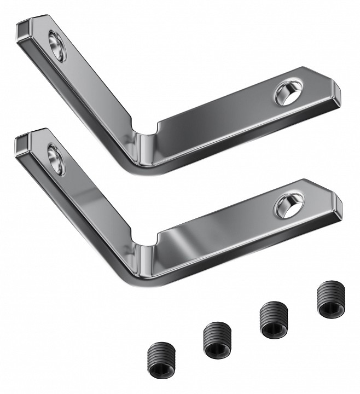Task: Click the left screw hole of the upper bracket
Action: point(57,45)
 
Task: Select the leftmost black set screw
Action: point(160,356)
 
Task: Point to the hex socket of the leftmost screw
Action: point(160,363)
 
